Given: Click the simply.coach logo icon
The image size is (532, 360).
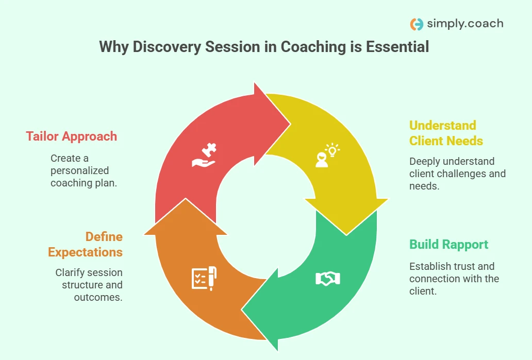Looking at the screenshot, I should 417,24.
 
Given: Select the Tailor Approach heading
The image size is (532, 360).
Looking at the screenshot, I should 72,136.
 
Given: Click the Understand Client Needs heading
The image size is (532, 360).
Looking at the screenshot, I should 446,133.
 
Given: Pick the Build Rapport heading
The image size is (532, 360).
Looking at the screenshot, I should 448,244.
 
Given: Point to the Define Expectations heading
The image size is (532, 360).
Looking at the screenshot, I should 86,245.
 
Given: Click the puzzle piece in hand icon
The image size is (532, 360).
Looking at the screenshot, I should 205,156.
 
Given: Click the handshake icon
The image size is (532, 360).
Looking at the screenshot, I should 327,279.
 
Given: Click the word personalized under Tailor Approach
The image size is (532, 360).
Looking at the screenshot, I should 79,170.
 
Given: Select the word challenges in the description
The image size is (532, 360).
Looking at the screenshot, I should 456,174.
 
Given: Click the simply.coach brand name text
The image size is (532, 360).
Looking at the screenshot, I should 465,24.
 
